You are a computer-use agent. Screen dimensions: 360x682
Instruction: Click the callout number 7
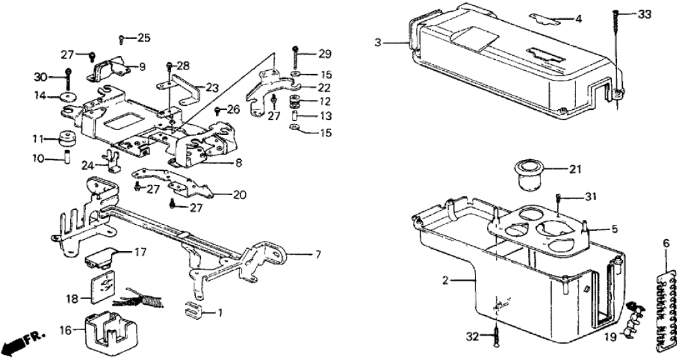318,253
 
